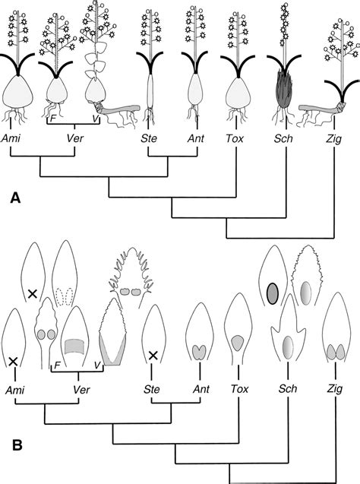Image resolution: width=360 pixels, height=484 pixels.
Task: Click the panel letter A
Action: (14, 198)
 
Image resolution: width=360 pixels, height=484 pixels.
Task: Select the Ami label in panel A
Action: (11, 139)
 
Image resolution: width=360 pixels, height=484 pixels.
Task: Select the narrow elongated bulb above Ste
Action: (150, 96)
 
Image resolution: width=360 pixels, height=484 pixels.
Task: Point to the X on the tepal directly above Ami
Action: (13, 362)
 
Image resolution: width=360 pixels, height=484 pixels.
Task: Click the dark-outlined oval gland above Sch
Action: (273, 292)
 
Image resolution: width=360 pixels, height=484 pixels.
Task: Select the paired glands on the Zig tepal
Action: (334, 353)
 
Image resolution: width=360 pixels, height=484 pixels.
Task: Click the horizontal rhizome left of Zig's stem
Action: (315, 110)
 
